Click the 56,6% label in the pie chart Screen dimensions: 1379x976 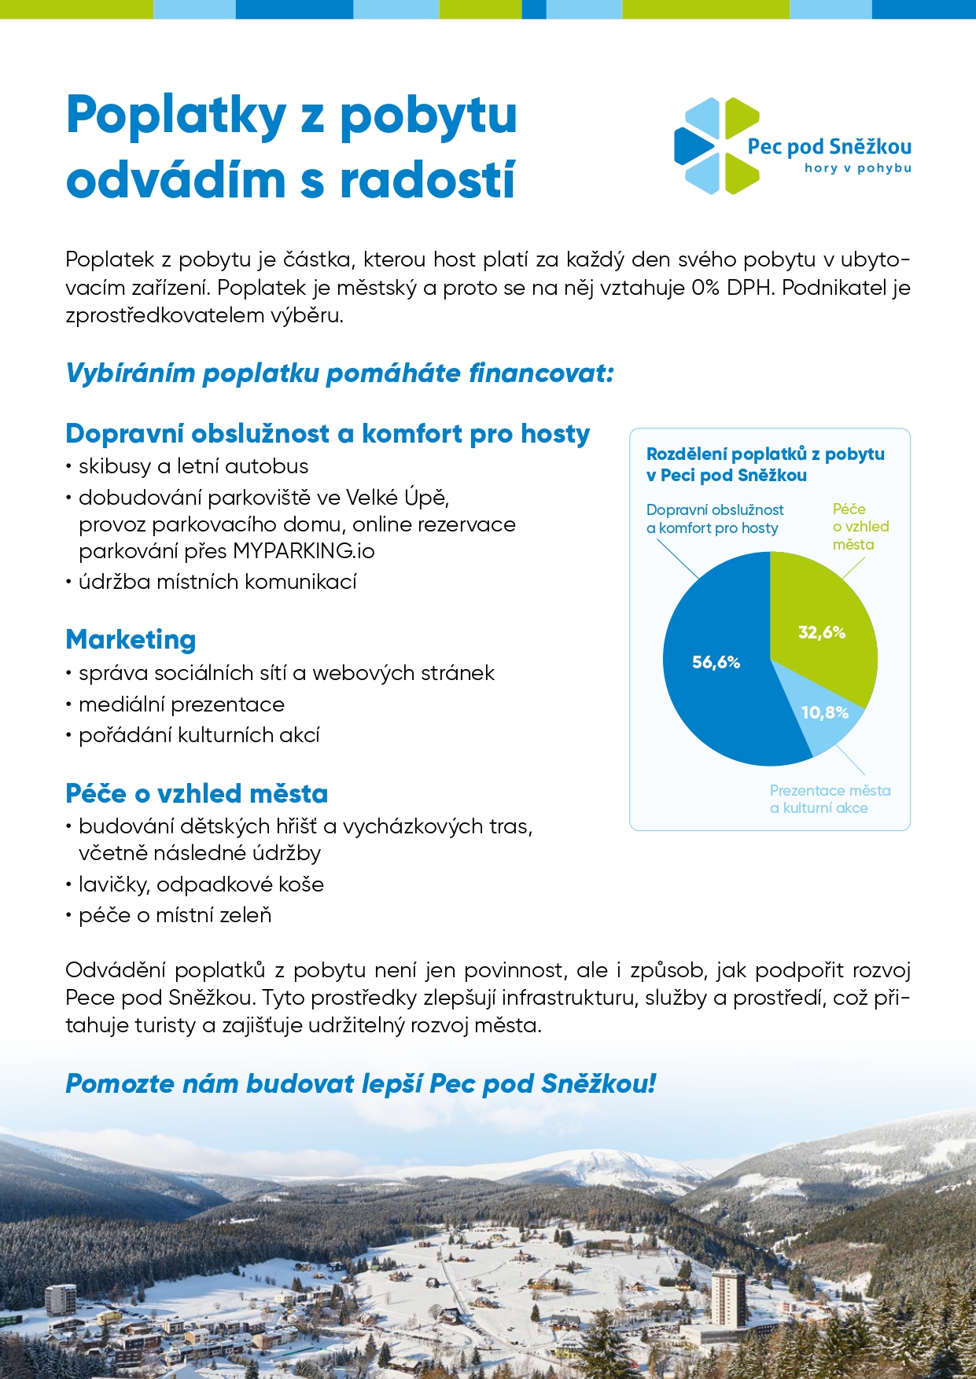coord(716,662)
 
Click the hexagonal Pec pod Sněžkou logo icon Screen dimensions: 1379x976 coord(716,145)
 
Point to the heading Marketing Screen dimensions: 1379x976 coord(131,639)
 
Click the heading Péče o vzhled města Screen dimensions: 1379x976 coord(197,793)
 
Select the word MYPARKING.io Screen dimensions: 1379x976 coord(304,551)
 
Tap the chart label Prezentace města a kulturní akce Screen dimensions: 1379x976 coord(830,799)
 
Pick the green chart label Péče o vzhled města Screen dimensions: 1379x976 coord(860,527)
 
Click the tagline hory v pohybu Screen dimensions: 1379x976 coord(857,168)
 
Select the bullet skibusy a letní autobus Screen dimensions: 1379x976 coord(193,466)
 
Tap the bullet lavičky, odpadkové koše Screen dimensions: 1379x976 coord(201,884)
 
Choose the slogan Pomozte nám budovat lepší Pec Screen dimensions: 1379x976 coord(360,1083)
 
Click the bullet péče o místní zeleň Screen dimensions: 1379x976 coord(175,915)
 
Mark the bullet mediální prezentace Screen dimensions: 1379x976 coord(181,704)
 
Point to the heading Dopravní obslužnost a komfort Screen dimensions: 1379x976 coord(327,434)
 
